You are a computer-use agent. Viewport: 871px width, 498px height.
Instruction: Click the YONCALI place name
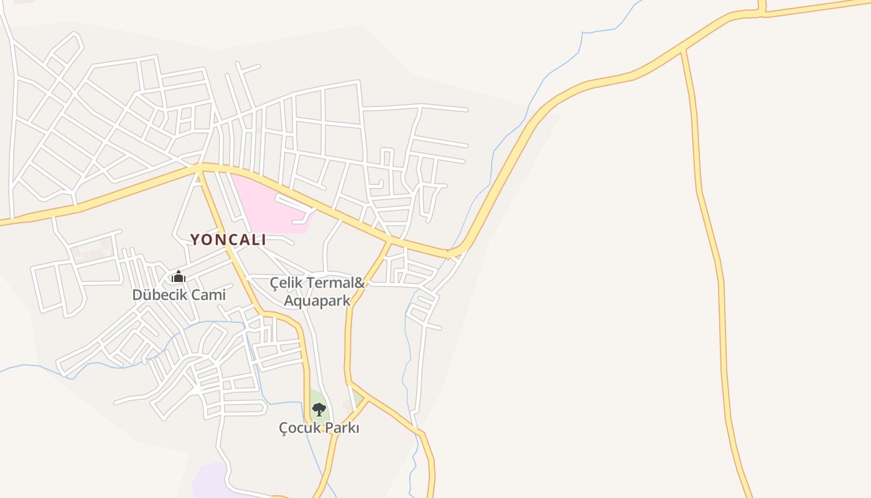[x=228, y=240]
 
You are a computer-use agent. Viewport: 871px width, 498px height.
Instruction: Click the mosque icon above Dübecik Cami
[x=179, y=277]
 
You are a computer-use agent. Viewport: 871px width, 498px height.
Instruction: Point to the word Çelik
[x=286, y=283]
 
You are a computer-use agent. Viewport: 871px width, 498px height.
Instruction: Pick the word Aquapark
[x=317, y=301]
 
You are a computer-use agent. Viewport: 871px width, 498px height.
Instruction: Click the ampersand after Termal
[x=359, y=283]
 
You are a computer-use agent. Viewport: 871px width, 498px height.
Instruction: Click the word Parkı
[x=341, y=428]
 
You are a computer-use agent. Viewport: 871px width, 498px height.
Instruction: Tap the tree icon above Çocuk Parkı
[x=319, y=410]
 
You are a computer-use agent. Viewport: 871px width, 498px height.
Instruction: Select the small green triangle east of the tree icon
[x=357, y=398]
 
